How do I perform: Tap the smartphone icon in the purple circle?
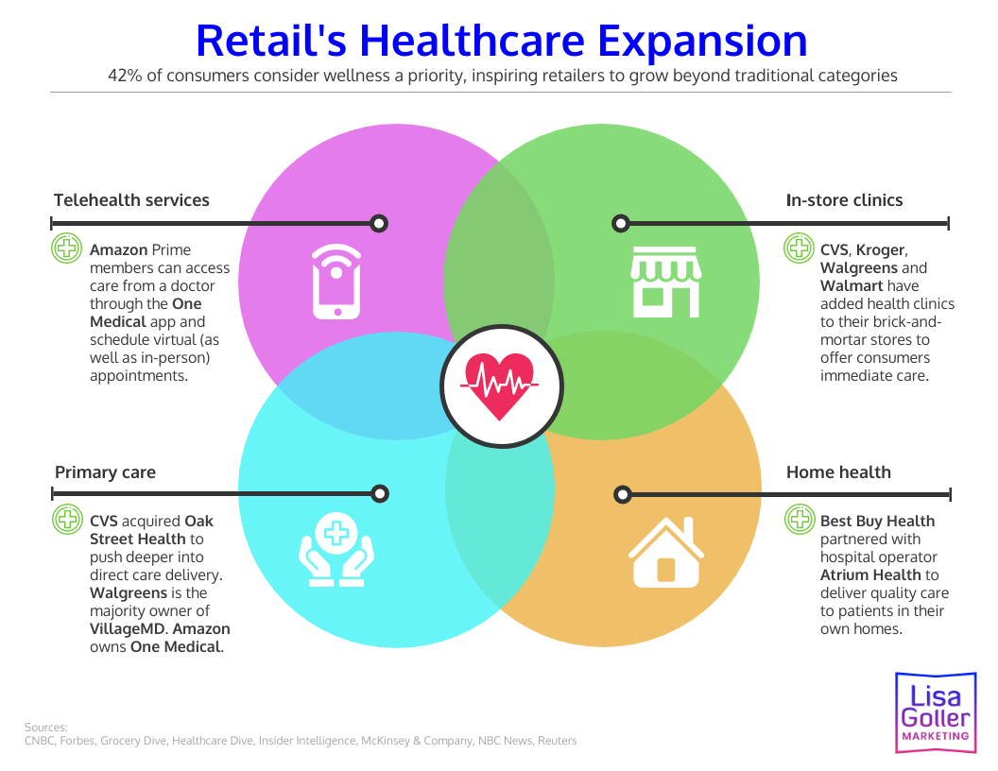tap(336, 282)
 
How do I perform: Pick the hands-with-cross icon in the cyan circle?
tap(336, 549)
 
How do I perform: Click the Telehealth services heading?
tap(131, 199)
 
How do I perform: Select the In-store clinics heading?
tap(844, 199)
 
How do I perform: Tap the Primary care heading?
tap(105, 472)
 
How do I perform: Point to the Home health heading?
tap(838, 472)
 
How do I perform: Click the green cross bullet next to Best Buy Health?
tap(799, 519)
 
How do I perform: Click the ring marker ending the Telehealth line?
tap(379, 224)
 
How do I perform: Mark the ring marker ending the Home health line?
tap(622, 494)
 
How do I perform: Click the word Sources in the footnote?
tap(45, 727)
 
